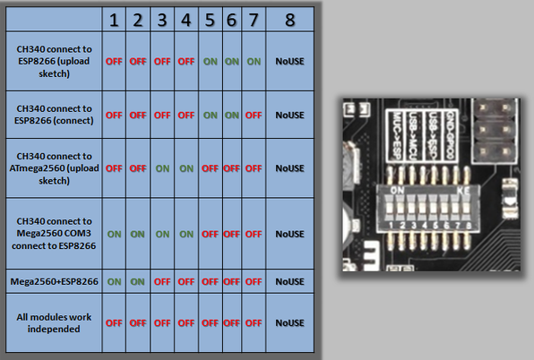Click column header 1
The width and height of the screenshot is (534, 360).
point(114,19)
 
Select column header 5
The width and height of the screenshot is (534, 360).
point(209,19)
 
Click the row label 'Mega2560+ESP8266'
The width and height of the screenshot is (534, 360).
point(54,281)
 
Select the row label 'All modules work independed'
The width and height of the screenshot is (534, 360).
point(54,322)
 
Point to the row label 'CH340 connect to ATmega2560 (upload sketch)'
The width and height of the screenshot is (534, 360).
point(54,167)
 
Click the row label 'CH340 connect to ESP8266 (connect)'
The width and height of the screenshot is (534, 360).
point(54,115)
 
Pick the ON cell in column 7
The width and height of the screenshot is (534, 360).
point(254,62)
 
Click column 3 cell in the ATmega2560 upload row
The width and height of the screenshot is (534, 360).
point(161,167)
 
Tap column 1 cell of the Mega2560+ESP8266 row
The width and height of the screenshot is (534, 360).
point(114,281)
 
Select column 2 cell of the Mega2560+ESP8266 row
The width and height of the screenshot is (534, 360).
point(137,281)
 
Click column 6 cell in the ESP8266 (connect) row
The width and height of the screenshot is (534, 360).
point(231,115)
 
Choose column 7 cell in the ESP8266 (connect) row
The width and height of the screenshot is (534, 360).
point(254,115)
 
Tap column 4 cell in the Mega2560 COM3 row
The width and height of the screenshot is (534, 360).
point(185,234)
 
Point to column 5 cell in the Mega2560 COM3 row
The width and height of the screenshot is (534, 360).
point(209,234)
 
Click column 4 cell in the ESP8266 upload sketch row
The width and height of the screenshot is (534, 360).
point(185,62)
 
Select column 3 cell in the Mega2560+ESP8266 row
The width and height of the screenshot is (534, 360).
point(161,281)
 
